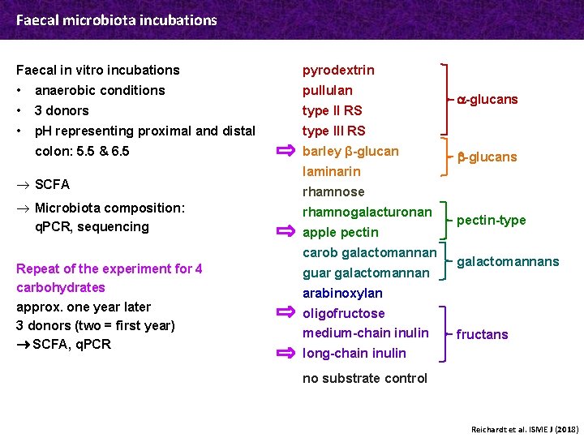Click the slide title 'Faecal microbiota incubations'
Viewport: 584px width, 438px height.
[117, 19]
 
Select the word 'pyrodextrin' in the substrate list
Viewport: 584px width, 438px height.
[338, 71]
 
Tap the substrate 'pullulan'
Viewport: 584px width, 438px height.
[327, 90]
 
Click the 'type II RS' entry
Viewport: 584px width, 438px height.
[332, 110]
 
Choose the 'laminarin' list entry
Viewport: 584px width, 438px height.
[331, 171]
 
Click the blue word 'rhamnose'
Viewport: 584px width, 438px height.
[333, 191]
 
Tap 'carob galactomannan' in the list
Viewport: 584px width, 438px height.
[369, 252]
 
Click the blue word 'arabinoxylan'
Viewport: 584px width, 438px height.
[342, 293]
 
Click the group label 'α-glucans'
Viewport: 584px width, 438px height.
[487, 100]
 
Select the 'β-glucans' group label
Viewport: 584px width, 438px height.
[487, 157]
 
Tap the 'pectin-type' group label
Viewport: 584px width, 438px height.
[491, 220]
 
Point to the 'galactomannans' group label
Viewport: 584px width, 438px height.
[508, 261]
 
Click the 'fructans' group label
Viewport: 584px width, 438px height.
[482, 334]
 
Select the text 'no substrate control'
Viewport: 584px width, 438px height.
[364, 378]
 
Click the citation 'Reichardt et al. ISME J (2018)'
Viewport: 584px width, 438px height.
[524, 428]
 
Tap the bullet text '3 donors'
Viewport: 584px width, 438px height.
[62, 110]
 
